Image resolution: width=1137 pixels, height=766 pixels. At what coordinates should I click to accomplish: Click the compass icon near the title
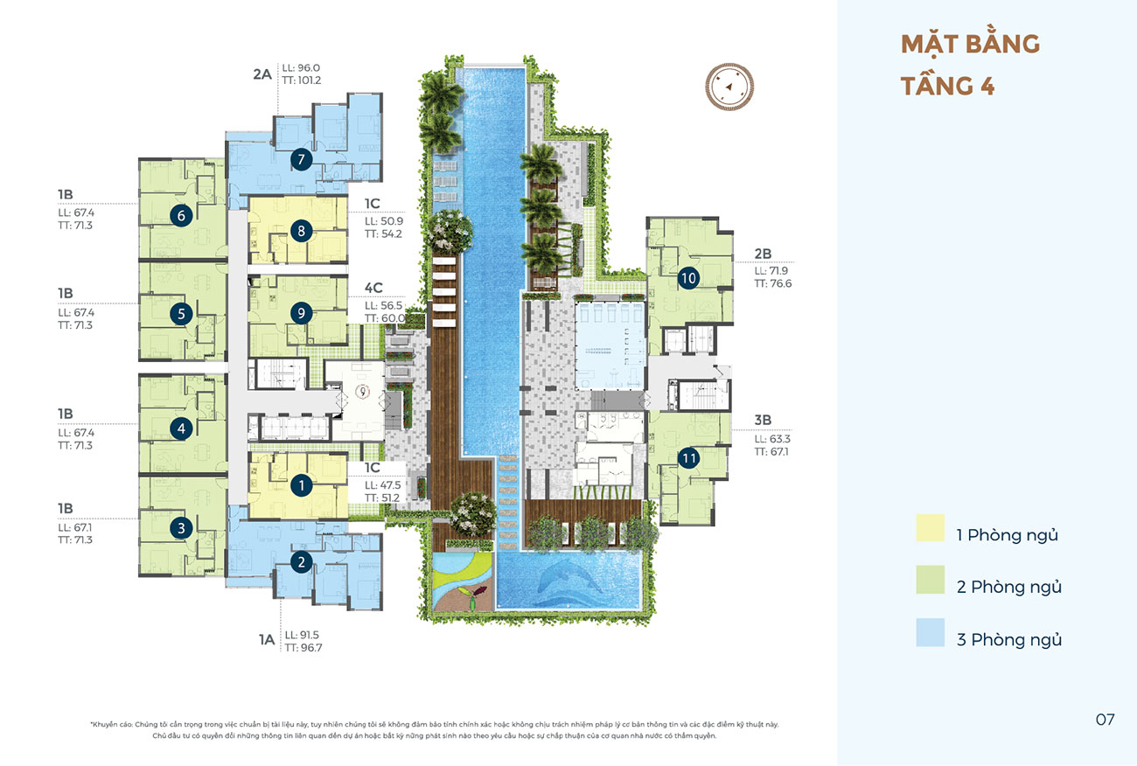[729, 87]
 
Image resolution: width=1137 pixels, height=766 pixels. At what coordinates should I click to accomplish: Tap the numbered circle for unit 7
[301, 159]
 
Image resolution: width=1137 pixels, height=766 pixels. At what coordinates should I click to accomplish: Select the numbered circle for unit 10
[688, 278]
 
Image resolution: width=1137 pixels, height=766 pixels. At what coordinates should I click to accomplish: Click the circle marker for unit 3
[181, 528]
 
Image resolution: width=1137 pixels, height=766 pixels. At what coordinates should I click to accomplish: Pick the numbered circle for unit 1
[301, 485]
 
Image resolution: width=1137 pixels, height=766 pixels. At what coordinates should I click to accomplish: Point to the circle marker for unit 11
[688, 458]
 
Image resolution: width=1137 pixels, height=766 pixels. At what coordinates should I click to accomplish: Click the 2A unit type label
[262, 74]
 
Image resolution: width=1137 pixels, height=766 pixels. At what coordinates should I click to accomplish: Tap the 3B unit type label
[763, 420]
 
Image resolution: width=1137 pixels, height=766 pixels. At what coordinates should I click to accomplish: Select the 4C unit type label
[373, 288]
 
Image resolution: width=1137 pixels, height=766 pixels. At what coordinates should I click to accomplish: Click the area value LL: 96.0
[301, 67]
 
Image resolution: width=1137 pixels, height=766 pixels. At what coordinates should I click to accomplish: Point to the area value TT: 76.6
[772, 283]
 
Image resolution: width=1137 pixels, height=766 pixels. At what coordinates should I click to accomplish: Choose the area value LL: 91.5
[302, 635]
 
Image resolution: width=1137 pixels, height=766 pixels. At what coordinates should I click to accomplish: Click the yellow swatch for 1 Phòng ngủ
[931, 528]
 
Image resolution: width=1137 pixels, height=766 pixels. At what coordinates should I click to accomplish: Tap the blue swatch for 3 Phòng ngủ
[931, 632]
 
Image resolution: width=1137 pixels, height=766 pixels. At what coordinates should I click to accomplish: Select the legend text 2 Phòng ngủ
[1009, 588]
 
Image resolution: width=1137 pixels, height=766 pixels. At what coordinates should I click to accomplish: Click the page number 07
[1105, 720]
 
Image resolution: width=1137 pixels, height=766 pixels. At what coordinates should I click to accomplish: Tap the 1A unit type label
[267, 639]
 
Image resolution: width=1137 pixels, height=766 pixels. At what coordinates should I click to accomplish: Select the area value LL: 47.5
[383, 484]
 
